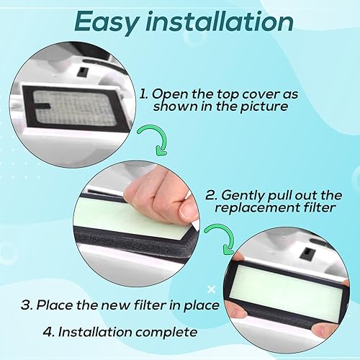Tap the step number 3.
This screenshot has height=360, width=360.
coord(27,305)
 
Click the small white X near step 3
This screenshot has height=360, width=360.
coord(211,289)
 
